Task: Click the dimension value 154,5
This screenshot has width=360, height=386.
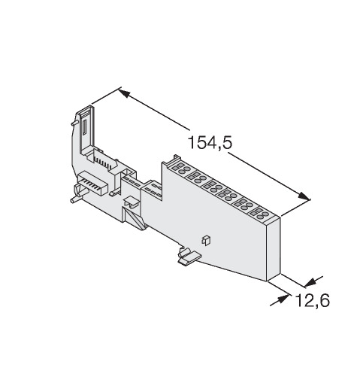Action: (210, 142)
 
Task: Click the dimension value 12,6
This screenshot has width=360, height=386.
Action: (313, 300)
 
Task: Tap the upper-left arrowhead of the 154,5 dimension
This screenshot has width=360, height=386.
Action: (124, 93)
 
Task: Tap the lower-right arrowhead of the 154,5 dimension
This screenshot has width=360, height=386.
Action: (304, 196)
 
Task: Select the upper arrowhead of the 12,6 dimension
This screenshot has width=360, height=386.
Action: (310, 282)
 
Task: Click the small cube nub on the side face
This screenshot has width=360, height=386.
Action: (206, 240)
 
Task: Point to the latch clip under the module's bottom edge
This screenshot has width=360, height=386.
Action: (189, 257)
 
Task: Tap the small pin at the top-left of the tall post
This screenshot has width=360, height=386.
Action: (74, 123)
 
